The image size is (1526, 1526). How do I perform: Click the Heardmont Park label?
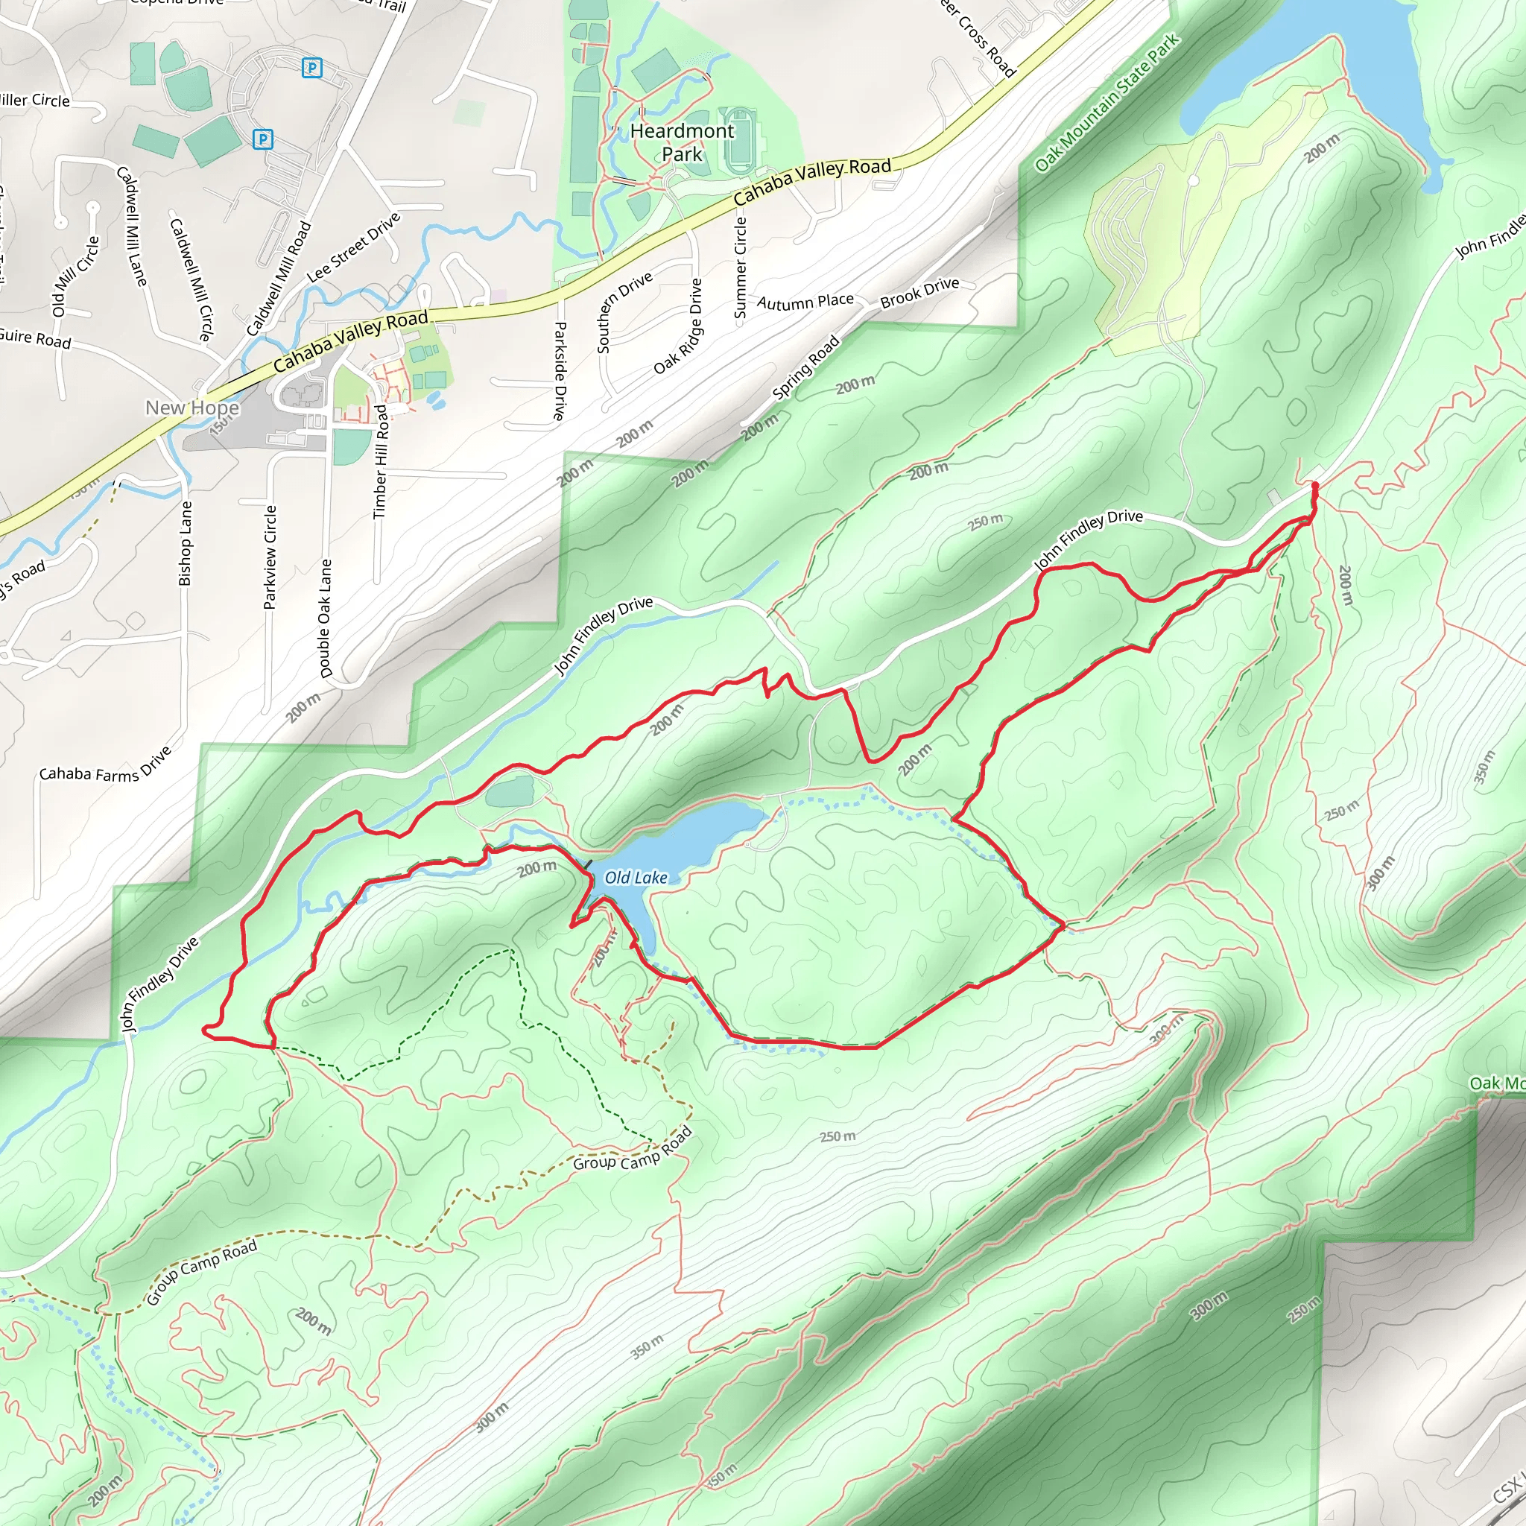click(x=682, y=142)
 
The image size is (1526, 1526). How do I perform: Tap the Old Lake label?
click(x=635, y=878)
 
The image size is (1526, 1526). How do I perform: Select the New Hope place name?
click(x=192, y=408)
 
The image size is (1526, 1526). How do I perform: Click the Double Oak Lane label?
click(x=326, y=618)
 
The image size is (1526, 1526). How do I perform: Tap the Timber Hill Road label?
click(x=381, y=461)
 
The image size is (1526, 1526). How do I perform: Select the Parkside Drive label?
click(x=560, y=370)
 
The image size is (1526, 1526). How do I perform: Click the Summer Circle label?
click(x=740, y=267)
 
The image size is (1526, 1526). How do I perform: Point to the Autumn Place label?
click(x=805, y=302)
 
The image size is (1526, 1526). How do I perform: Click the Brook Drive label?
click(x=919, y=293)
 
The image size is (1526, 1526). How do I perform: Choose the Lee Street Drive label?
click(x=353, y=247)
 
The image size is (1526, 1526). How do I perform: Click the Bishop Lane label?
click(x=186, y=543)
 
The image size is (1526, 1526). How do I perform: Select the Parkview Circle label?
click(x=270, y=557)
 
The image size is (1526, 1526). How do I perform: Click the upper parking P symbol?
click(x=312, y=68)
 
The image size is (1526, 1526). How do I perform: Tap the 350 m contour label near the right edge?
click(x=1483, y=767)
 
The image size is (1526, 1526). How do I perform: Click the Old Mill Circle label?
click(x=76, y=276)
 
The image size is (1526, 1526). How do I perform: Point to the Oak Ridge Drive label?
click(x=678, y=326)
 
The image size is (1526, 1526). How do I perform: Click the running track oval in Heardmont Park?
click(x=739, y=141)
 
